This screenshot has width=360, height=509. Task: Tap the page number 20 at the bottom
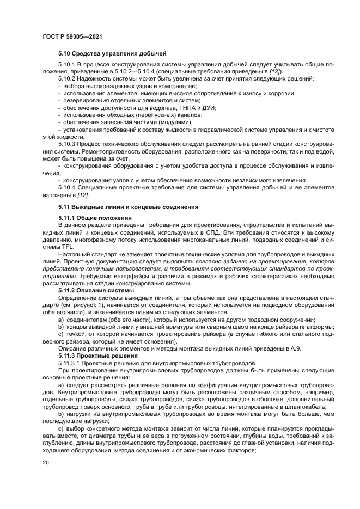coord(46,462)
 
